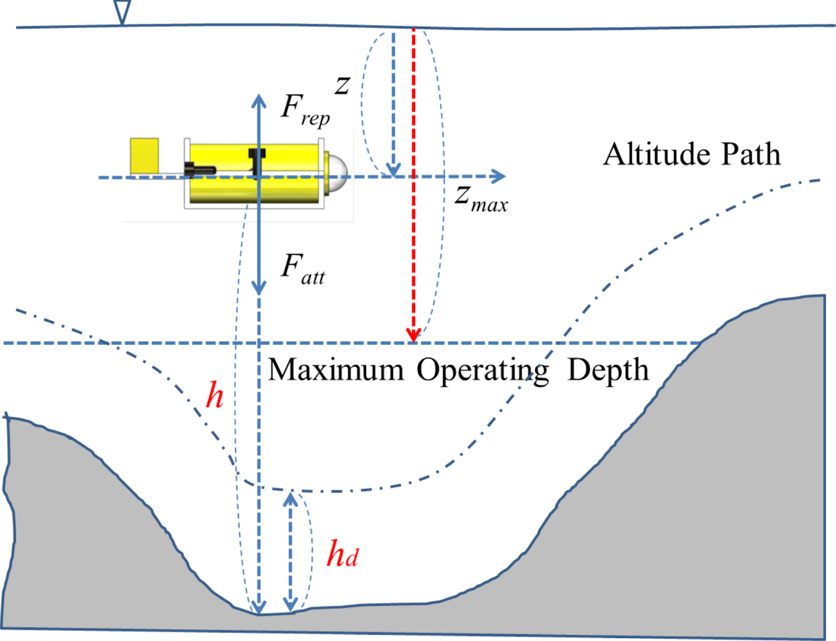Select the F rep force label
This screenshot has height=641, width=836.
[x=305, y=110]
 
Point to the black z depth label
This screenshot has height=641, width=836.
[x=342, y=85]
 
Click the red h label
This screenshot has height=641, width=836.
[x=214, y=395]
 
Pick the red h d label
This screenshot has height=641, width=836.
[x=342, y=554]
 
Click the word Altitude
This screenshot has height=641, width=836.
[x=657, y=155]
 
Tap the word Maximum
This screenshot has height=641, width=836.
[x=336, y=369]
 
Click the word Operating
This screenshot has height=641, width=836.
[x=482, y=371]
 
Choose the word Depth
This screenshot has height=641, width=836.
[x=608, y=369]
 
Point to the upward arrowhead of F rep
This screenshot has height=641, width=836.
[x=259, y=100]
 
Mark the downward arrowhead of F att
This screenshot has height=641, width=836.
[x=259, y=287]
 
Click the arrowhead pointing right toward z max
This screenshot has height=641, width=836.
[x=498, y=176]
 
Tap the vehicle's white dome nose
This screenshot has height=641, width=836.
[x=337, y=168]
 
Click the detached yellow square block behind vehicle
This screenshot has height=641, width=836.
[x=145, y=156]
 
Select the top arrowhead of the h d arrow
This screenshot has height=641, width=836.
[x=291, y=498]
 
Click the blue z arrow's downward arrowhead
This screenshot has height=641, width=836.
[x=393, y=170]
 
